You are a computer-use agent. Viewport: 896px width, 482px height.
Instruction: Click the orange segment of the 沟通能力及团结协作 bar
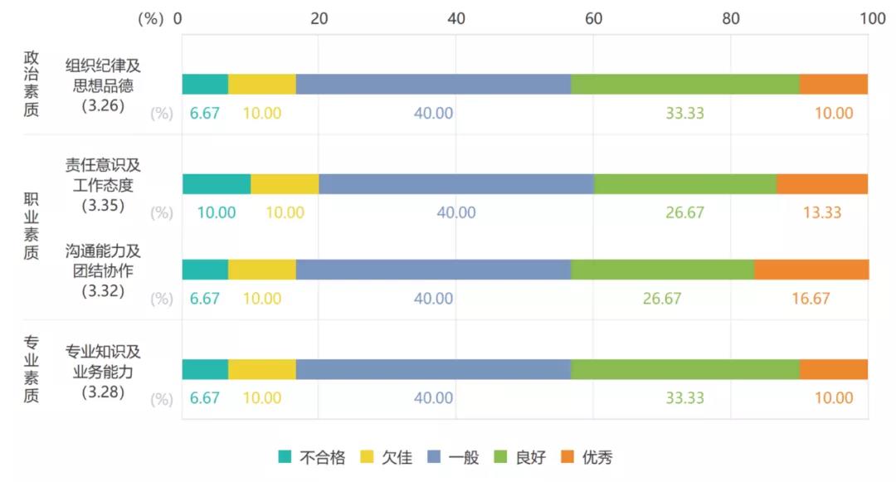pyautogui.click(x=811, y=270)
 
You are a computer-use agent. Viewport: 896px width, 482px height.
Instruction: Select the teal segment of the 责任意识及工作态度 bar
pyautogui.click(x=217, y=184)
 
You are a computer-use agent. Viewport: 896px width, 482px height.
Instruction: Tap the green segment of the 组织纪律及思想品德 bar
pyautogui.click(x=685, y=85)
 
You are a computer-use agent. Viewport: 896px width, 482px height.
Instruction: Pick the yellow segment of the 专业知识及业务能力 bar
pyautogui.click(x=262, y=369)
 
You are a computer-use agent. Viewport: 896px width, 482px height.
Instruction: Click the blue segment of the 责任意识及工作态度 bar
pyautogui.click(x=456, y=184)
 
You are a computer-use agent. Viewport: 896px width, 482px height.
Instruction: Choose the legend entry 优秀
pyautogui.click(x=587, y=457)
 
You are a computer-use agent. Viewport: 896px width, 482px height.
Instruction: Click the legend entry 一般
pyautogui.click(x=453, y=457)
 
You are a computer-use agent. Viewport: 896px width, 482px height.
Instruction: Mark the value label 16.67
pyautogui.click(x=811, y=299)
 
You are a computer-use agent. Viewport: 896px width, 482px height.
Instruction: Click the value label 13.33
pyautogui.click(x=822, y=213)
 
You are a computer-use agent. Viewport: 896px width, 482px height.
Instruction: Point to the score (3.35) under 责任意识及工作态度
pyautogui.click(x=103, y=204)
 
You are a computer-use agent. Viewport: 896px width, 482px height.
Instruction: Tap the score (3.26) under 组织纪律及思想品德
pyautogui.click(x=103, y=105)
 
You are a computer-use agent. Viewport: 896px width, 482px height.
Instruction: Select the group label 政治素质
pyautogui.click(x=32, y=84)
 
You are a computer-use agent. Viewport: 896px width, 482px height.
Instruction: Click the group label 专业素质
pyautogui.click(x=32, y=368)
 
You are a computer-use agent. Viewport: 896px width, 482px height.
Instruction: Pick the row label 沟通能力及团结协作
pyautogui.click(x=103, y=260)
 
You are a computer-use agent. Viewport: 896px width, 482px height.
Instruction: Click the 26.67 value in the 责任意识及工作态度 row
pyautogui.click(x=684, y=213)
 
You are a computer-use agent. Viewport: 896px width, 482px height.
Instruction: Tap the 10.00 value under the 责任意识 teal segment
pyautogui.click(x=216, y=213)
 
